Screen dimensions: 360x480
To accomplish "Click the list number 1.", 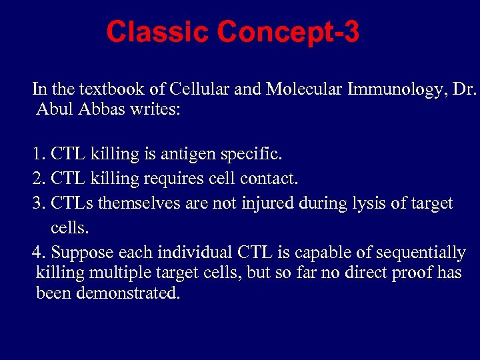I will coord(37,155).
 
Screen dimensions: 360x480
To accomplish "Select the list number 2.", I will coord(37,179).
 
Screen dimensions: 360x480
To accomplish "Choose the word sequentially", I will coord(421,253).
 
